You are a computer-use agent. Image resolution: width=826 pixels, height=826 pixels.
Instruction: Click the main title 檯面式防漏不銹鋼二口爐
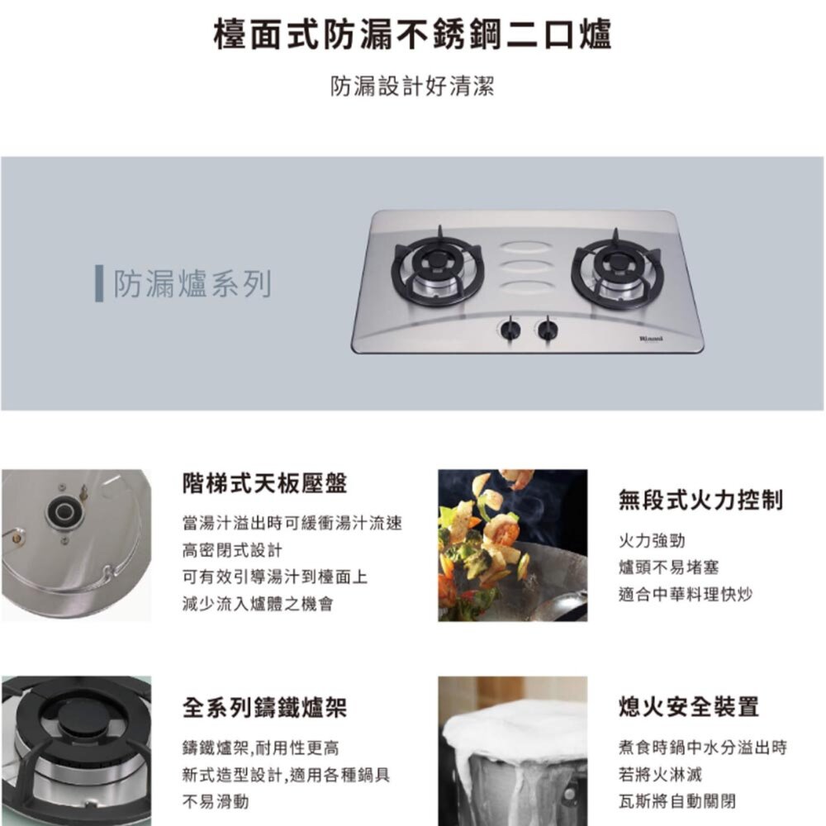pyautogui.click(x=412, y=36)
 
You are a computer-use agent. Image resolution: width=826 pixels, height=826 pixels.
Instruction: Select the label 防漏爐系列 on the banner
pyautogui.click(x=192, y=285)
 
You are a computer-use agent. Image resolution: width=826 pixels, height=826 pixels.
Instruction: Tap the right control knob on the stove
pyautogui.click(x=547, y=330)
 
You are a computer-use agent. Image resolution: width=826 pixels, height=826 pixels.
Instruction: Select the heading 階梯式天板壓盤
pyautogui.click(x=264, y=484)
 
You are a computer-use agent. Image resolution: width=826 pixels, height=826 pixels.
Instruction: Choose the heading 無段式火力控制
pyautogui.click(x=700, y=500)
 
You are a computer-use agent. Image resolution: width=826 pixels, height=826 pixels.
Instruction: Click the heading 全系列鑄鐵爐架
pyautogui.click(x=264, y=707)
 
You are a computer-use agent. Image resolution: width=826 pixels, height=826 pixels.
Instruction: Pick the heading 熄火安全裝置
pyautogui.click(x=688, y=707)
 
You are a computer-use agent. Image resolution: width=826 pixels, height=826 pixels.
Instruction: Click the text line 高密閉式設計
pyautogui.click(x=232, y=550)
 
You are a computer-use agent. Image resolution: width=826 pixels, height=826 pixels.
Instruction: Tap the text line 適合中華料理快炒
pyautogui.click(x=686, y=594)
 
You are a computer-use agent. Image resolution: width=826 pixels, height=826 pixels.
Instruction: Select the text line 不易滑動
pyautogui.click(x=215, y=802)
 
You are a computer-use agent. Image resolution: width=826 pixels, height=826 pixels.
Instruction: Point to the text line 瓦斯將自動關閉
pyautogui.click(x=677, y=801)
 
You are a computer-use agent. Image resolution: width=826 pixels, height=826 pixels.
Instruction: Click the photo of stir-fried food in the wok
pyautogui.click(x=512, y=545)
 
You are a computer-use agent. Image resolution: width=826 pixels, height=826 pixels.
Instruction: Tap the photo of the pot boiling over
pyautogui.click(x=512, y=752)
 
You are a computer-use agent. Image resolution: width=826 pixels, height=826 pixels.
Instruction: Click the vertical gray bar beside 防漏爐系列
pyautogui.click(x=99, y=285)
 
